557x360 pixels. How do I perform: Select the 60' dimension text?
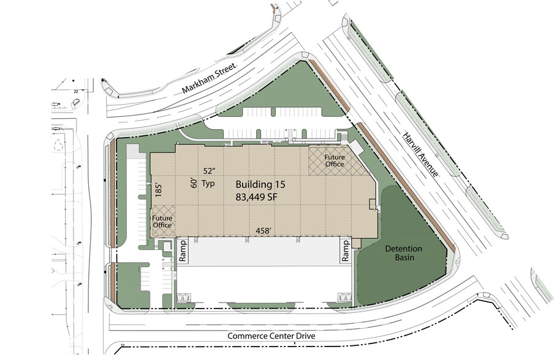(x=194, y=182)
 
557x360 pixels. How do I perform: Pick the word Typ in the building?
(x=208, y=184)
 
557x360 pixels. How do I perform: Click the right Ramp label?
(x=346, y=250)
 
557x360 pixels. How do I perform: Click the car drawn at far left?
(x=76, y=103)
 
